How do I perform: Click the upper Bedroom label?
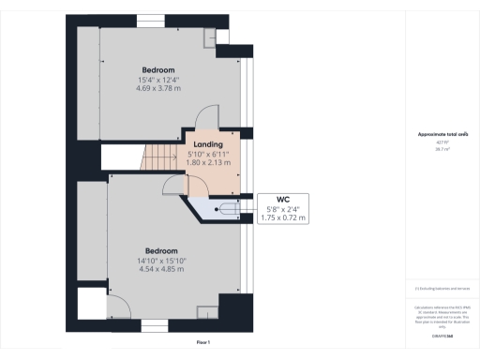tap(157, 70)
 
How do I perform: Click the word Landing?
tap(208, 143)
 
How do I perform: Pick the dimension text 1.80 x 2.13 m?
tap(208, 161)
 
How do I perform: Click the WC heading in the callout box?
tap(281, 199)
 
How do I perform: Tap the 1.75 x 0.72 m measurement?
tap(282, 217)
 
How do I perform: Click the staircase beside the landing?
tap(159, 158)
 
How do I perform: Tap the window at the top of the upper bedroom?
tap(149, 20)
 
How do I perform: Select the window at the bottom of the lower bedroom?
tap(154, 325)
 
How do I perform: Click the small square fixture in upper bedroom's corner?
tap(209, 37)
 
